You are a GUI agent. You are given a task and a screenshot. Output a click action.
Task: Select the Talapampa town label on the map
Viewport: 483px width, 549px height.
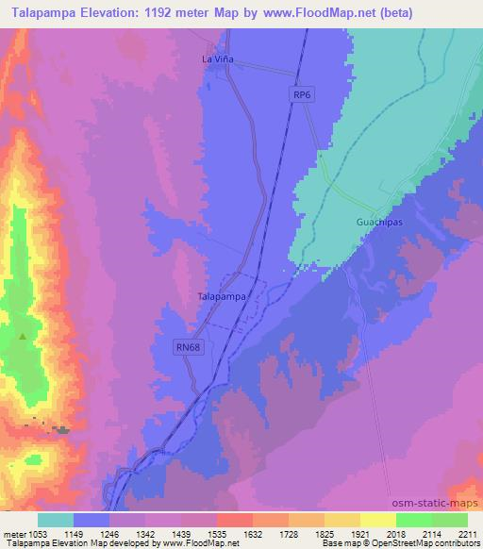click(x=223, y=296)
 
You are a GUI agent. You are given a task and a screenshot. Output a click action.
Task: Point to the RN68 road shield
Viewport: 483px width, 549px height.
click(x=188, y=348)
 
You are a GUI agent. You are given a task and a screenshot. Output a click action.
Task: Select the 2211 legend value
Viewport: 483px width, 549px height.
click(x=468, y=533)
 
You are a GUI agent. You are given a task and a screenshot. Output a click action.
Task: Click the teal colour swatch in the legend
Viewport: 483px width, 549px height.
click(x=56, y=520)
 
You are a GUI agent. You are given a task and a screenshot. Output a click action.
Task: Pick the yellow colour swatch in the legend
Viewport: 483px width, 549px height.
click(x=377, y=520)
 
